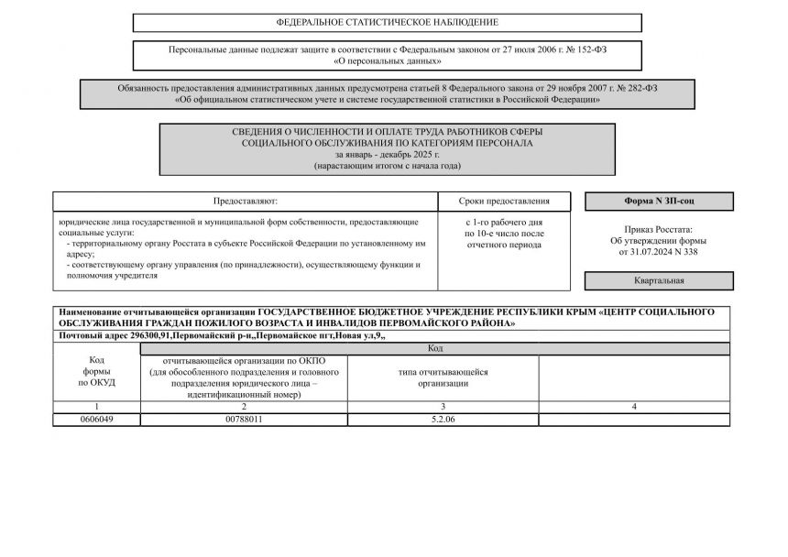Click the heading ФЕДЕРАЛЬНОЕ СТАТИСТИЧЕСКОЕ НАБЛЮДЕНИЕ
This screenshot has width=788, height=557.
pyautogui.click(x=388, y=22)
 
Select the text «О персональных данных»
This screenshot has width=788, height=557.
pyautogui.click(x=388, y=61)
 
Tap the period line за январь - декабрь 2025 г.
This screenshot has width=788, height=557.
pyautogui.click(x=388, y=155)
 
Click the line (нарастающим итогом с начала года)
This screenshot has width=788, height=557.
pyautogui.click(x=388, y=166)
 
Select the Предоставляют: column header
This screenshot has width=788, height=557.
pyautogui.click(x=245, y=201)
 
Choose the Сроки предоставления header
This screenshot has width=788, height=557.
pyautogui.click(x=505, y=201)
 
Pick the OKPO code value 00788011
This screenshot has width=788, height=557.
pyautogui.click(x=244, y=419)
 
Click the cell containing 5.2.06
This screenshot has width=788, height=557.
pyautogui.click(x=443, y=419)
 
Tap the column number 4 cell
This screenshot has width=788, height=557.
pyautogui.click(x=634, y=406)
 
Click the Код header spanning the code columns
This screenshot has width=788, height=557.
pyautogui.click(x=435, y=349)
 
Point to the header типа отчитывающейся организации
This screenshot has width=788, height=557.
pyautogui.click(x=443, y=377)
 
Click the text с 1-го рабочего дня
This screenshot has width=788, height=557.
pyautogui.click(x=505, y=223)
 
